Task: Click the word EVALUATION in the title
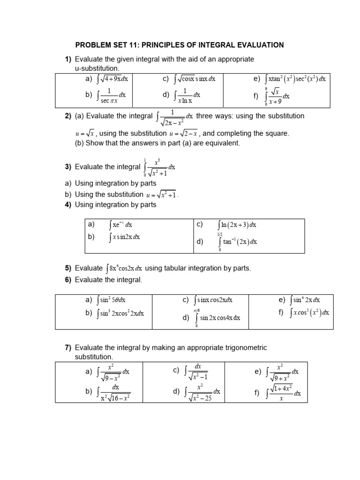tap(261, 45)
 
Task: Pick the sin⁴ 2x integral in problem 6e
tap(305, 300)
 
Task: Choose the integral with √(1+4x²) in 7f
tap(284, 393)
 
